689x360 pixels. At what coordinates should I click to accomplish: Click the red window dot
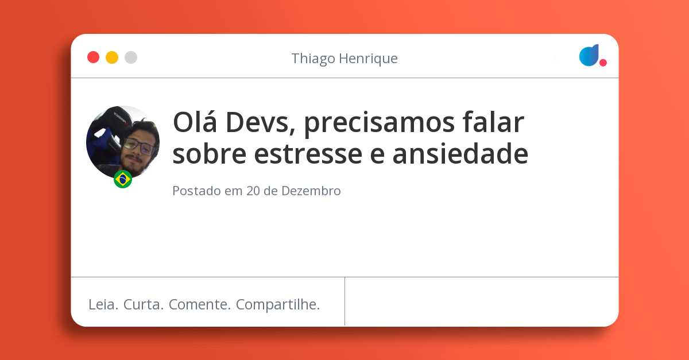click(x=93, y=57)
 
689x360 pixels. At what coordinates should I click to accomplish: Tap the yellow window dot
click(x=112, y=57)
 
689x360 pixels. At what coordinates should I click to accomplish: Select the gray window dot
click(x=131, y=57)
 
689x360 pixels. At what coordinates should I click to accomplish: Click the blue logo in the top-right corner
click(x=589, y=55)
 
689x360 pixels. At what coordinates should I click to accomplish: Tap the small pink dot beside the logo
click(x=603, y=63)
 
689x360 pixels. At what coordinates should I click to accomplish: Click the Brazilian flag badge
click(x=123, y=179)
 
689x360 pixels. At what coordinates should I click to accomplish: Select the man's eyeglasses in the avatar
click(x=139, y=145)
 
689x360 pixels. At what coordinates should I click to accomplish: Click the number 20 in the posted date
click(x=253, y=191)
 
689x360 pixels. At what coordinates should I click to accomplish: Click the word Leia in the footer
click(x=103, y=305)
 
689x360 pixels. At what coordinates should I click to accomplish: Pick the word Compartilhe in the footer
click(x=277, y=305)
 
